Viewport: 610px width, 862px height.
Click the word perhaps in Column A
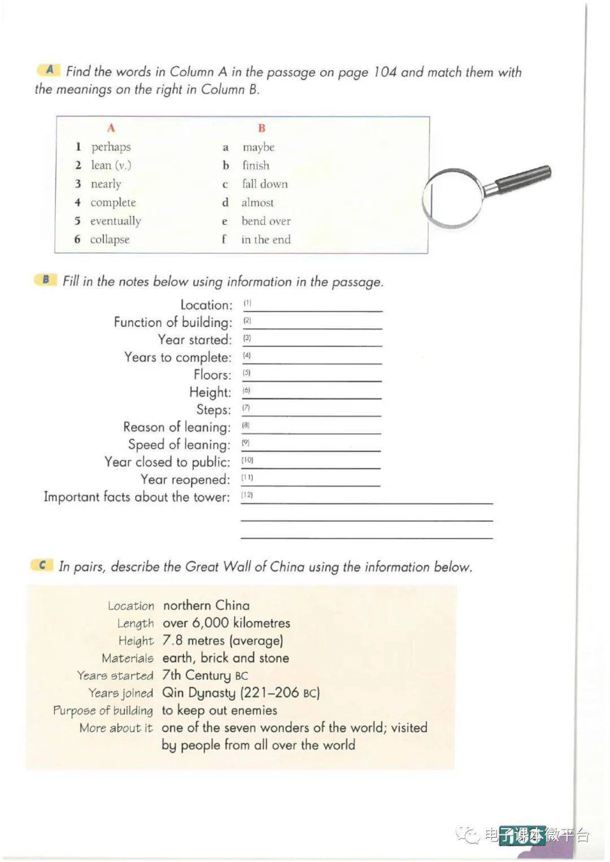pyautogui.click(x=111, y=147)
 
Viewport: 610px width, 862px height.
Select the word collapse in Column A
pyautogui.click(x=110, y=240)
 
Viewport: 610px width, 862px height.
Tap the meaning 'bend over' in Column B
pyautogui.click(x=266, y=221)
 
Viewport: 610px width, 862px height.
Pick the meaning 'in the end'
pyautogui.click(x=266, y=240)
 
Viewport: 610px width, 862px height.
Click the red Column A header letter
pyautogui.click(x=111, y=128)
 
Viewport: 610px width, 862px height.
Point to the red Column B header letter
pyautogui.click(x=262, y=128)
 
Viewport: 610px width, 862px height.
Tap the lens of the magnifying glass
pyautogui.click(x=453, y=198)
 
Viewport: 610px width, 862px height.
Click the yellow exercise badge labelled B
pyautogui.click(x=46, y=280)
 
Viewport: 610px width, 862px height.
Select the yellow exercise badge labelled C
pyautogui.click(x=42, y=565)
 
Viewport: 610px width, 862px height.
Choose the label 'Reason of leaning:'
pyautogui.click(x=177, y=427)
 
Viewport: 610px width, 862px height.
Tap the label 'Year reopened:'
pyautogui.click(x=185, y=480)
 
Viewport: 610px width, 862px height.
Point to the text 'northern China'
pyautogui.click(x=206, y=606)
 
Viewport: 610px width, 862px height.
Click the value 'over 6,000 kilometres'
pyautogui.click(x=226, y=623)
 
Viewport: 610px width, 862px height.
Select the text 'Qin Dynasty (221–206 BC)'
pyautogui.click(x=241, y=693)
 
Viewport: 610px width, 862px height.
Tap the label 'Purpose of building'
pyautogui.click(x=103, y=711)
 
